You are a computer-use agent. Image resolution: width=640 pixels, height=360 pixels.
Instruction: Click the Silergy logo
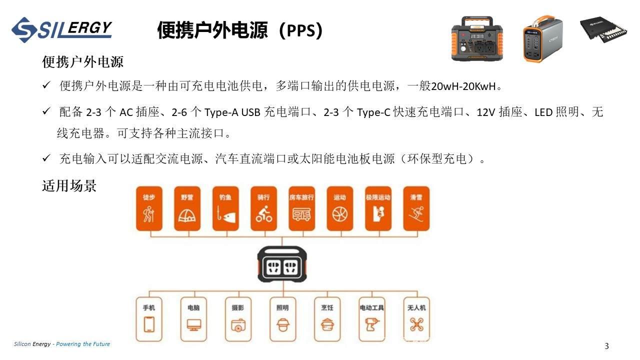[x=61, y=29]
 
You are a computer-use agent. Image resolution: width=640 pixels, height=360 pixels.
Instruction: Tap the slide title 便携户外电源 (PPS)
[x=239, y=30]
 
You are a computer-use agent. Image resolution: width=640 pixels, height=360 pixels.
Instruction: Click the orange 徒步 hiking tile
[x=149, y=209]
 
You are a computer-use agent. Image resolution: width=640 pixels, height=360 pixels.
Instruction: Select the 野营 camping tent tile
[x=187, y=209]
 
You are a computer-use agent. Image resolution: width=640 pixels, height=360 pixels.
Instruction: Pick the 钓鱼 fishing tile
[x=225, y=209]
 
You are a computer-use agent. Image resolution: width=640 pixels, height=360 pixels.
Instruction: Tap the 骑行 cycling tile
[x=263, y=209]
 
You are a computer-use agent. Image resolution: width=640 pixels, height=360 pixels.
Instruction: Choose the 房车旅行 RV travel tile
[x=301, y=209]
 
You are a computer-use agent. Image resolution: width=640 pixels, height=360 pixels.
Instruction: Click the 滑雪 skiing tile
[x=416, y=209]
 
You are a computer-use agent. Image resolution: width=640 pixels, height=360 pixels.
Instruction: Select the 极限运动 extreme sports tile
[x=378, y=209]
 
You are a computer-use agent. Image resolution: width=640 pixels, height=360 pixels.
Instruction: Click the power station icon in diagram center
[x=282, y=263]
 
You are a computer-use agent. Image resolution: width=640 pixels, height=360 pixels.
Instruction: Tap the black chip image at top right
[x=603, y=30]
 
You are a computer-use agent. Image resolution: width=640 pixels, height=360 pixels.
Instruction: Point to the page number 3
[x=607, y=346]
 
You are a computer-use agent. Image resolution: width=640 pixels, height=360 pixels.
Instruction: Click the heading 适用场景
[x=69, y=186]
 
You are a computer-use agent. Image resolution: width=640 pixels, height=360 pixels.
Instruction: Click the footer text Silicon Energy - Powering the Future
[x=62, y=344]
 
